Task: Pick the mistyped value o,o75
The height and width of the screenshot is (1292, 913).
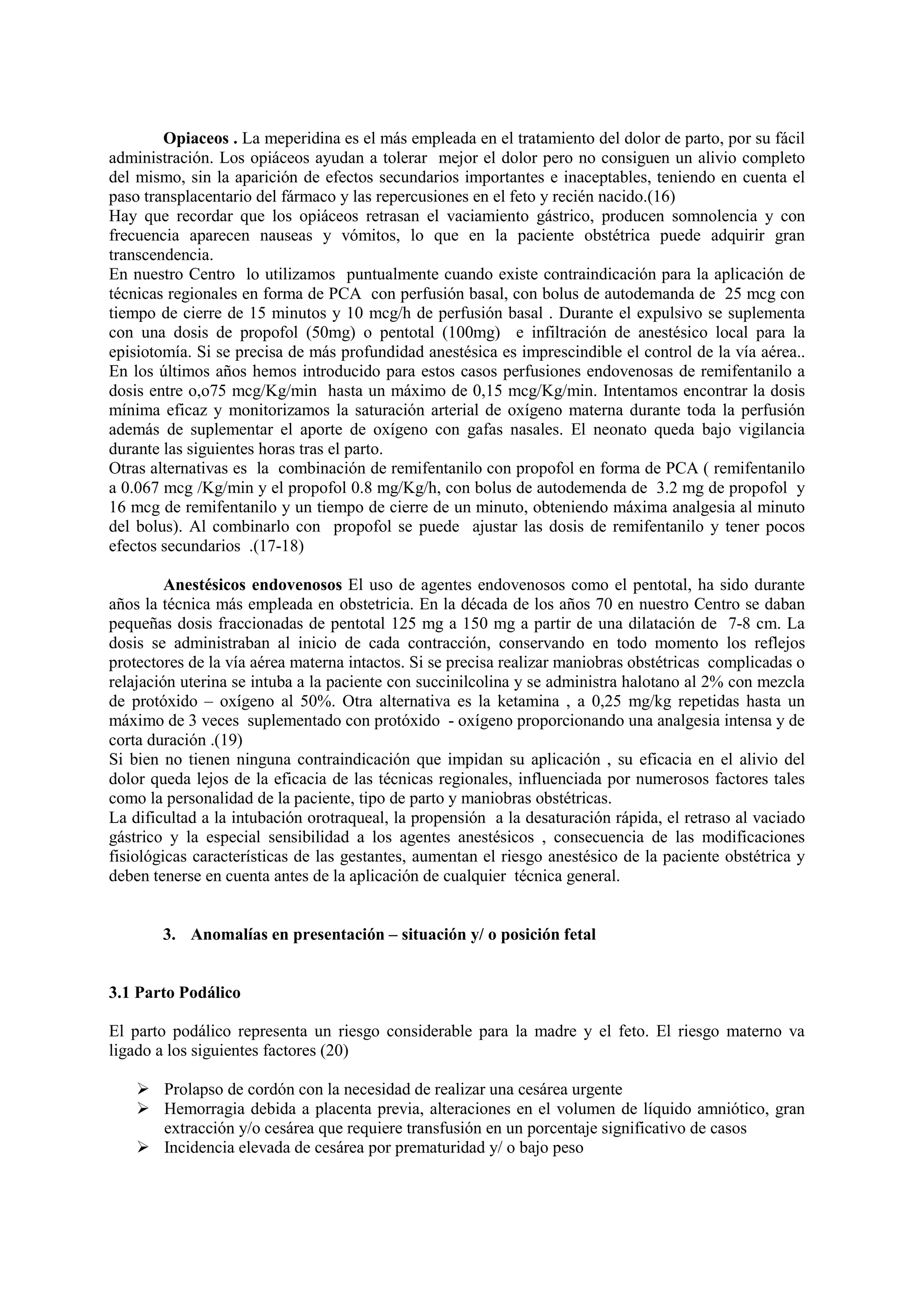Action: pos(180,391)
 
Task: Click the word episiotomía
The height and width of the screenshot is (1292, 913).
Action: pos(144,352)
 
